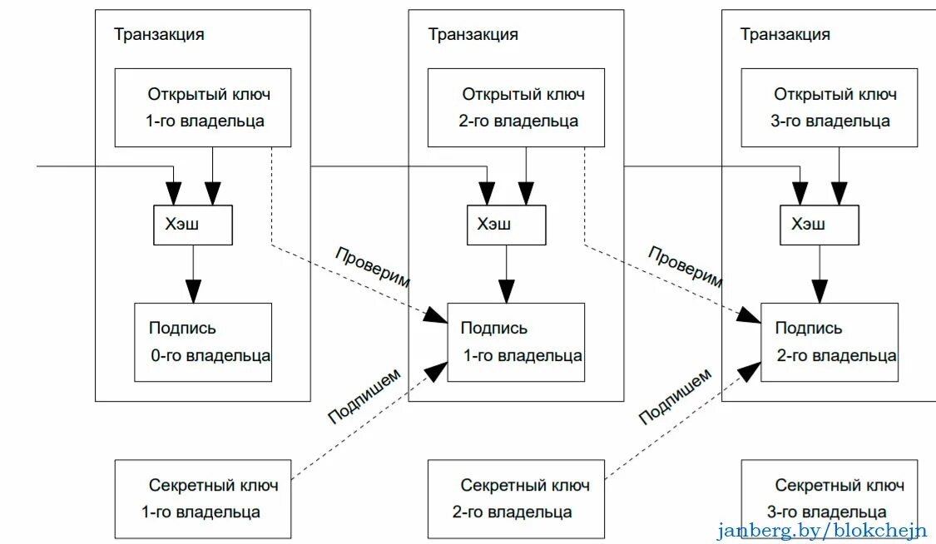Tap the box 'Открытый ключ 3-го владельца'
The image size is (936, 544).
point(829,107)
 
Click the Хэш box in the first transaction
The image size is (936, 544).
point(193,225)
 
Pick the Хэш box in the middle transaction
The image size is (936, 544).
point(506,225)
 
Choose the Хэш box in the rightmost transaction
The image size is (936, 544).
point(819,225)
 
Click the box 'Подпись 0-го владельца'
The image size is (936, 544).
point(203,342)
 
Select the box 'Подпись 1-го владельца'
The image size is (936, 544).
point(516,342)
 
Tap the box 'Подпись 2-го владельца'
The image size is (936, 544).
point(830,342)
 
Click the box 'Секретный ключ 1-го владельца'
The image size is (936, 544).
point(202,498)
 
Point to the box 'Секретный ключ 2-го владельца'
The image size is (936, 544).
point(516,498)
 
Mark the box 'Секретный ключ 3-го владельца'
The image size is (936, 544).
point(829,498)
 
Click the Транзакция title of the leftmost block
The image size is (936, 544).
point(159,34)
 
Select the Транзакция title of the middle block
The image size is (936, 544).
point(473,34)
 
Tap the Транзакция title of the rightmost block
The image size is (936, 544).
point(785,34)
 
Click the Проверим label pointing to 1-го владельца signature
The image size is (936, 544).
point(373,267)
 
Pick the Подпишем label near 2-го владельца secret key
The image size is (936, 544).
point(676,396)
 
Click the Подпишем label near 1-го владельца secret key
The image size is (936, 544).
point(364,396)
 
